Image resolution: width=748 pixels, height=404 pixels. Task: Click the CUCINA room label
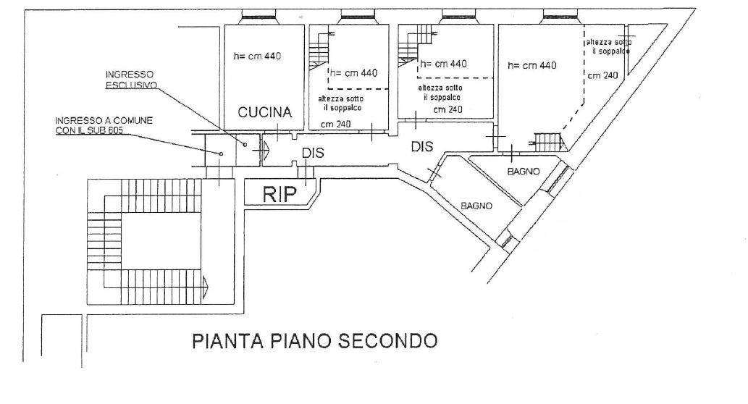266,112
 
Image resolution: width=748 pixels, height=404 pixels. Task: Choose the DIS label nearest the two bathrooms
421,146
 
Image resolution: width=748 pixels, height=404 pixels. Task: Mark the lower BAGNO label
476,206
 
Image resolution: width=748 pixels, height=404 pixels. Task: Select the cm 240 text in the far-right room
602,75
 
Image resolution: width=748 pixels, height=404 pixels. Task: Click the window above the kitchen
259,17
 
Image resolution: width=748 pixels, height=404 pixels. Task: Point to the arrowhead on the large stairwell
207,285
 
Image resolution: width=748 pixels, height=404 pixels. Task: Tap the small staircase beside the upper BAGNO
547,142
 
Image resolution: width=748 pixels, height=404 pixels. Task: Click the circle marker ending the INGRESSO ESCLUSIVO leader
245,145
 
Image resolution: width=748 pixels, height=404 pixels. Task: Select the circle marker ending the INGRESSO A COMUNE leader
221,153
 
